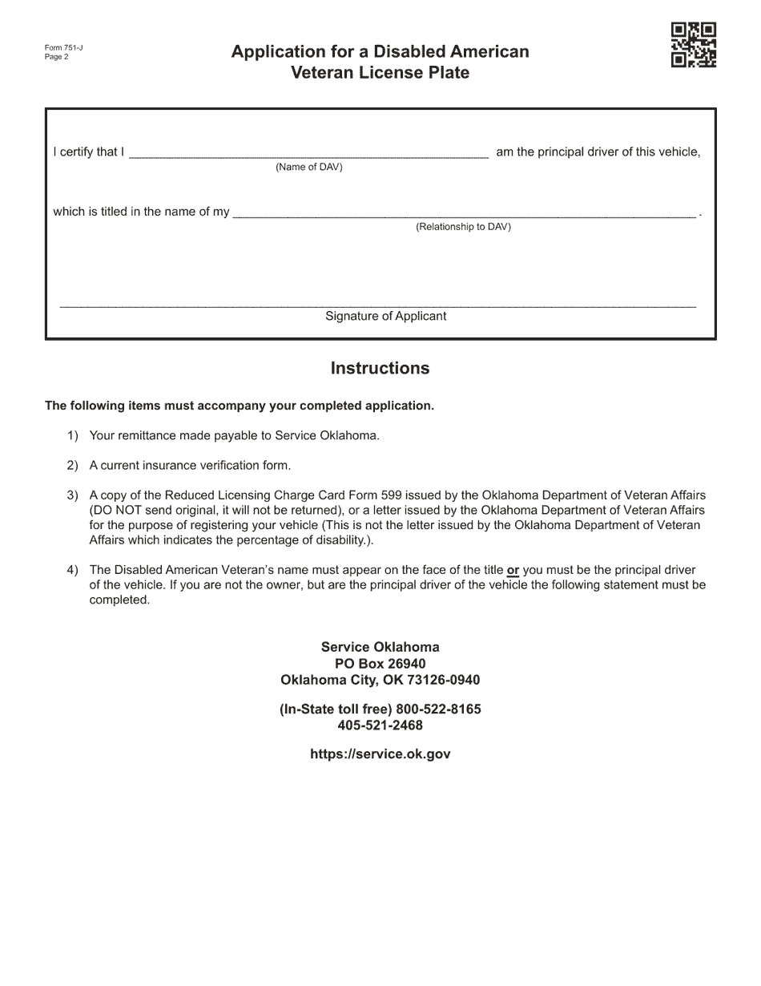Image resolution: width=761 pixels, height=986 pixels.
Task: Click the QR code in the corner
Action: tap(694, 46)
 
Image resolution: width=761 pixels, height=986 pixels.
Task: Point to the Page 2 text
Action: tap(57, 57)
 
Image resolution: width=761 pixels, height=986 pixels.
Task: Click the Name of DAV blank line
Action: tap(308, 154)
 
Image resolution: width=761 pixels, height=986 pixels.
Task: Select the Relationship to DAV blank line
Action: tap(464, 214)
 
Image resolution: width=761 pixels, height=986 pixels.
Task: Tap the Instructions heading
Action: tap(380, 368)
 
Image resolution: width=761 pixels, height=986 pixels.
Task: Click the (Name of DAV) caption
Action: tap(308, 168)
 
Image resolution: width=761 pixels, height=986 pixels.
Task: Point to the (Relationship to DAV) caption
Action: tap(463, 227)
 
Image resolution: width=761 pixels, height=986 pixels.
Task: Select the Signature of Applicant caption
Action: tap(385, 317)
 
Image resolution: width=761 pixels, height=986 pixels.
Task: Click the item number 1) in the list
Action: tap(73, 436)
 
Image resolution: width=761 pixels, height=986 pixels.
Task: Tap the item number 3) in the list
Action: tap(73, 495)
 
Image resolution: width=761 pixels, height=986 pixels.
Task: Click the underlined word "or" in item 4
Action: tap(513, 571)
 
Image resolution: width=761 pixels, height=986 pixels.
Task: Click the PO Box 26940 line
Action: tap(380, 664)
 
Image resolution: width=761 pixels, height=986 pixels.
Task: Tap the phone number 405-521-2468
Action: tap(380, 725)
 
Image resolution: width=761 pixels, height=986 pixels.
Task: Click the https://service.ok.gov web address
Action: tap(380, 754)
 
